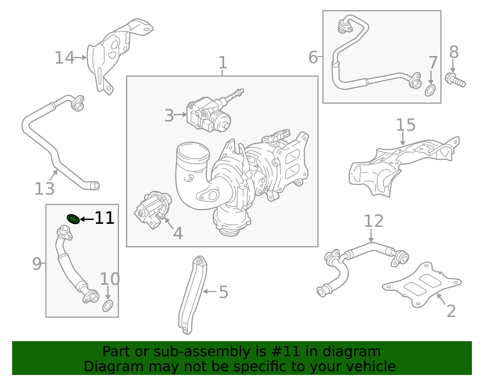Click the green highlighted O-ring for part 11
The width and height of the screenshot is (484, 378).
click(x=73, y=219)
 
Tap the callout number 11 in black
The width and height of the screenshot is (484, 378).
click(x=104, y=218)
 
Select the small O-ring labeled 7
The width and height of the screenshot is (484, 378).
click(x=430, y=90)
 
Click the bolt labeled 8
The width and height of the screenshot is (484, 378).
click(x=455, y=80)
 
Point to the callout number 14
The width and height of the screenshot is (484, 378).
click(x=64, y=58)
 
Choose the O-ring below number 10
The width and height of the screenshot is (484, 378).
click(x=108, y=306)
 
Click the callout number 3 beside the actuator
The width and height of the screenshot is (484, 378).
click(x=169, y=116)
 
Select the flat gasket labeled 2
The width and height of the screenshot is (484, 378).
click(x=422, y=284)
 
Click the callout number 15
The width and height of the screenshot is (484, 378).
click(x=405, y=125)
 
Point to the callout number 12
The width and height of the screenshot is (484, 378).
click(x=373, y=221)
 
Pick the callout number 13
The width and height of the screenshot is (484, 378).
click(x=44, y=189)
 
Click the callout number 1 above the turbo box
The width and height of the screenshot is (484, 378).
click(x=223, y=63)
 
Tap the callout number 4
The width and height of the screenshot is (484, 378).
click(x=178, y=233)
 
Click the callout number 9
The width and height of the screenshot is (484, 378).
click(x=37, y=264)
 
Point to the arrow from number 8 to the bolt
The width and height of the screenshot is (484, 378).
click(x=453, y=66)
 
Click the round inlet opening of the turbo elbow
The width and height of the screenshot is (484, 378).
click(x=193, y=151)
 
